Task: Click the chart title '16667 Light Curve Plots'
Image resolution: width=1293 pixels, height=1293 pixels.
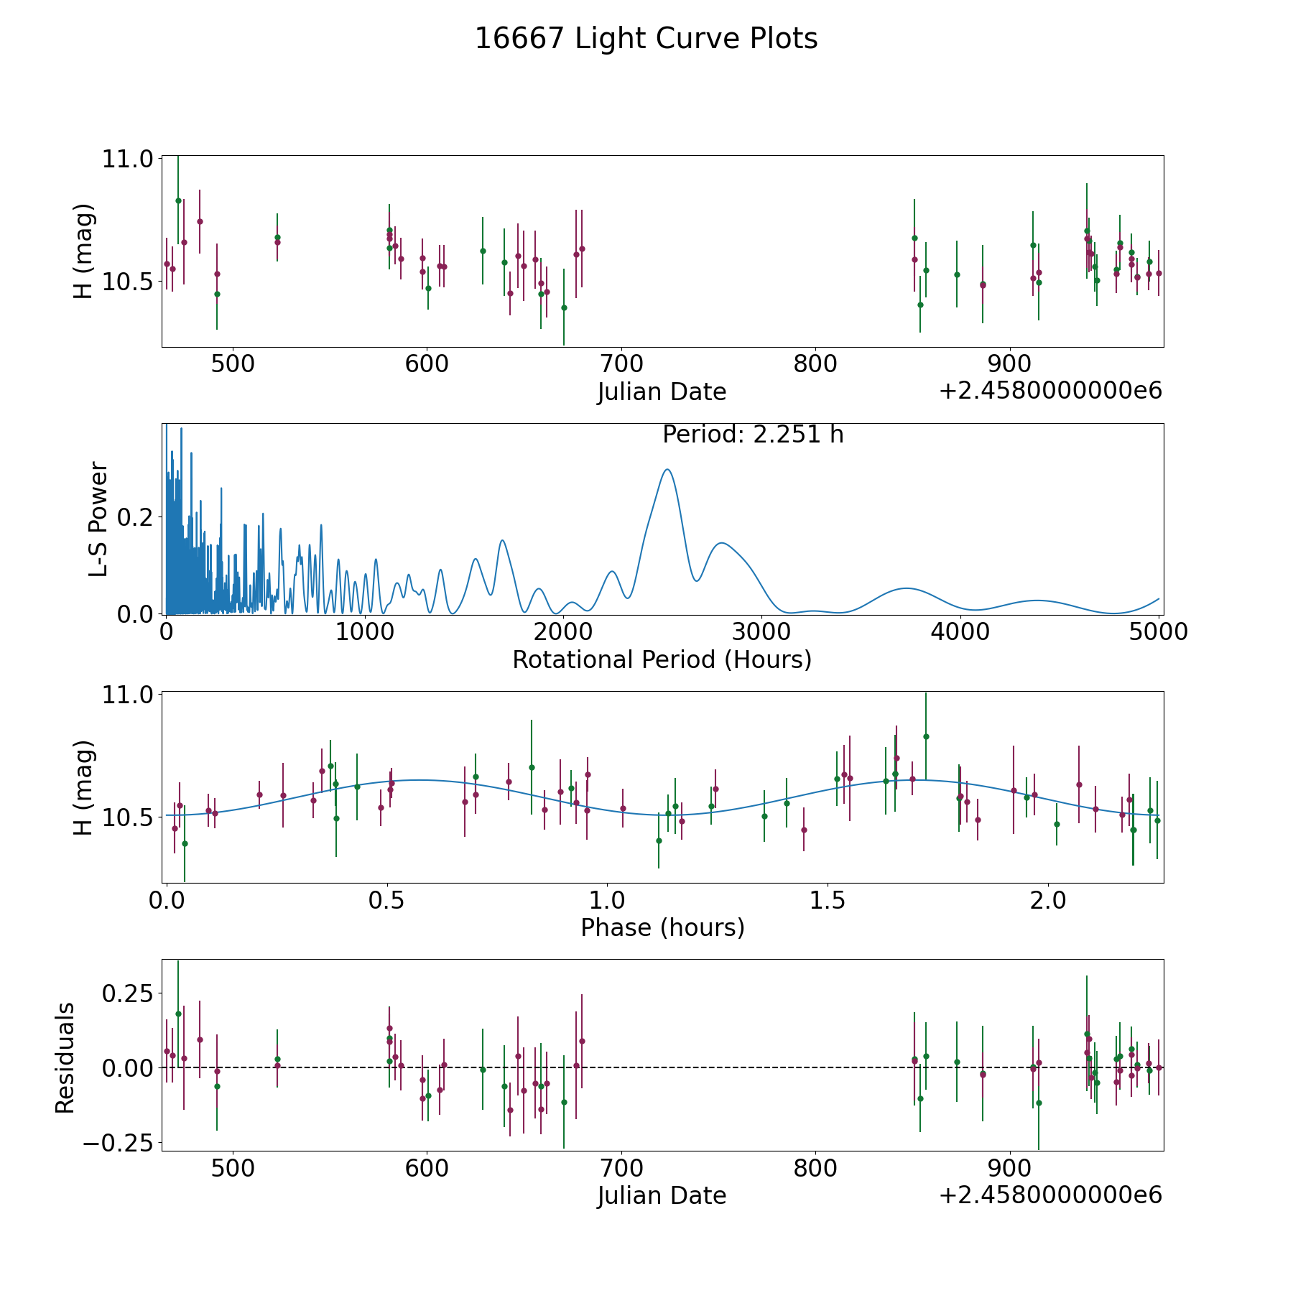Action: tap(646, 39)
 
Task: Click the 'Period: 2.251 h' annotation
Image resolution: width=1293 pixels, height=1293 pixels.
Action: tap(753, 435)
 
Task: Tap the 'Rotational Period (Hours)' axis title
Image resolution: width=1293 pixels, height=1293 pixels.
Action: tap(662, 659)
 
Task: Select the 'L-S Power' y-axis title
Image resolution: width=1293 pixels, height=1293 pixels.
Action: tap(98, 519)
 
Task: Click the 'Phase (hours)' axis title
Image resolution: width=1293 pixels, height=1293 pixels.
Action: tap(662, 927)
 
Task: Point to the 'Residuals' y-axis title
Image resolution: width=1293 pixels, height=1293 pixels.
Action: tap(65, 1058)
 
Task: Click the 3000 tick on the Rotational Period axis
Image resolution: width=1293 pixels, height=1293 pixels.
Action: tap(761, 632)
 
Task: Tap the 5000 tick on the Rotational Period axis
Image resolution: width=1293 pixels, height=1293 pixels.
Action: tap(1158, 632)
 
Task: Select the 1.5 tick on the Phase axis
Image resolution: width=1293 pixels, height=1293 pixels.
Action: tap(828, 900)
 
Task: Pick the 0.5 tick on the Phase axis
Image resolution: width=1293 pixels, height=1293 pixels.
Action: tap(387, 900)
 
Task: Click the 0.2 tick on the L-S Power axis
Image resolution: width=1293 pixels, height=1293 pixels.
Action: tap(136, 517)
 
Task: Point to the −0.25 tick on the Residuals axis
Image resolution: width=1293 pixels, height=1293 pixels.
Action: tap(118, 1143)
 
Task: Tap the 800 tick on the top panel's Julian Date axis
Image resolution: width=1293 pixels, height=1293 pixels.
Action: tap(815, 364)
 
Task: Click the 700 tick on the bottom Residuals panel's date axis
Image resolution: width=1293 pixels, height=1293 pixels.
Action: tap(621, 1169)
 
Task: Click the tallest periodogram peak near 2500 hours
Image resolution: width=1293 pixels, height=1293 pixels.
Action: tap(667, 469)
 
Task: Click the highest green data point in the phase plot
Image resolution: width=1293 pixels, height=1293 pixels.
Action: tap(926, 736)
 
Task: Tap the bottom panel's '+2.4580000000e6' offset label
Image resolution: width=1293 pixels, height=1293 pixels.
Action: tap(1050, 1195)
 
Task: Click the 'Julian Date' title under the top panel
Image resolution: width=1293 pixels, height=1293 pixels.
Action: tap(662, 392)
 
